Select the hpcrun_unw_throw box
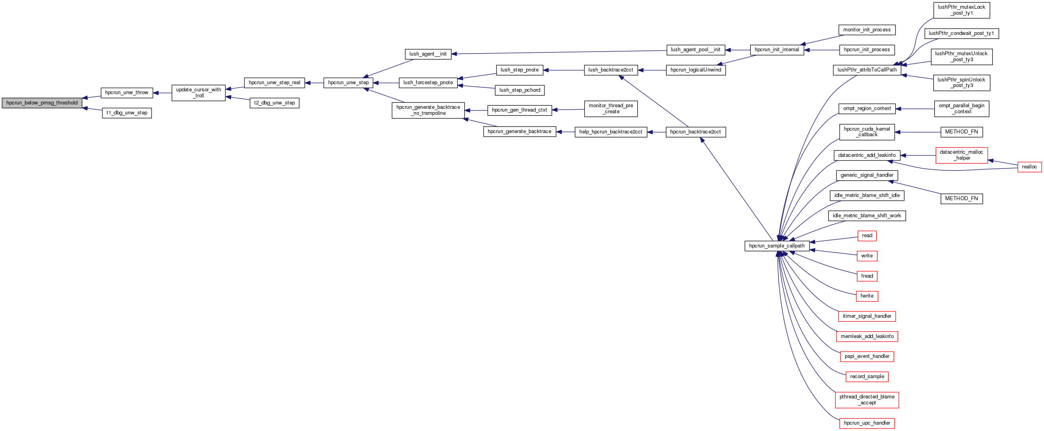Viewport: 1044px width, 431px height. [127, 93]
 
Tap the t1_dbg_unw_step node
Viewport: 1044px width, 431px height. [127, 113]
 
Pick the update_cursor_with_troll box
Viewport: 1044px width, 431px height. [198, 93]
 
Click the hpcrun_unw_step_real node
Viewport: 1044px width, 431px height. [274, 83]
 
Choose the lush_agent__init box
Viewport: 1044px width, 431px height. [428, 54]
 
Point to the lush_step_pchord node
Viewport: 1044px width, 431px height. [519, 90]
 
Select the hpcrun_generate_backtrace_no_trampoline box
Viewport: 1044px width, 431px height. [428, 110]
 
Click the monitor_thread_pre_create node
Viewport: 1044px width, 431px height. [611, 109]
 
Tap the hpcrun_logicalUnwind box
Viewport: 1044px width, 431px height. [696, 70]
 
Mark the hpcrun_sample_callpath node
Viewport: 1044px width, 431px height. [777, 246]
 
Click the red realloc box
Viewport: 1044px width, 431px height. [1029, 167]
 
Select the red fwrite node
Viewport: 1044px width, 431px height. [867, 296]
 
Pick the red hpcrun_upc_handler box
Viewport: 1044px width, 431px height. [867, 423]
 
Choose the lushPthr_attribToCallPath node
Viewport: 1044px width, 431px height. [867, 70]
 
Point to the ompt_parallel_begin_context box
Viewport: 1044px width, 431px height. [961, 109]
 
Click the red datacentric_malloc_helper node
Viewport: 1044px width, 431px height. [961, 155]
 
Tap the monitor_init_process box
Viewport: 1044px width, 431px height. [867, 30]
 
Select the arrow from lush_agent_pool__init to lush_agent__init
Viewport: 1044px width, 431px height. [559, 52]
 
